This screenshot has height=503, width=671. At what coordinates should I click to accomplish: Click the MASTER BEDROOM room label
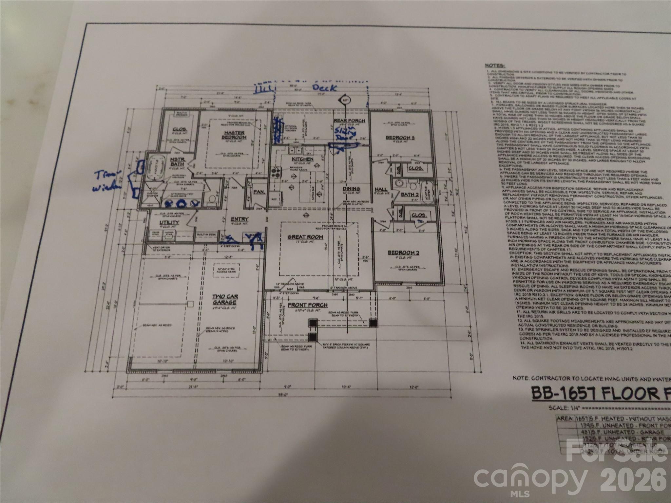234,135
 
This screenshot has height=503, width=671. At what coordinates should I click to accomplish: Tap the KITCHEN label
302,159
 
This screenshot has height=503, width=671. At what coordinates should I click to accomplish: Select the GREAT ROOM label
305,237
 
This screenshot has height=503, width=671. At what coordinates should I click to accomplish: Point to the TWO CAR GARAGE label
225,299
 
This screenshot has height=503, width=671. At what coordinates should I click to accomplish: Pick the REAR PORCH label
349,121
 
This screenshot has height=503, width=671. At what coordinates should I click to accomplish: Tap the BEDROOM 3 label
400,138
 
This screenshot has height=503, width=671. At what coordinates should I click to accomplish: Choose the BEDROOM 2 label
404,252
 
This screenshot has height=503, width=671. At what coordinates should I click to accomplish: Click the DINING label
351,189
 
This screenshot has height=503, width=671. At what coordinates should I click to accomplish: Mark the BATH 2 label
410,195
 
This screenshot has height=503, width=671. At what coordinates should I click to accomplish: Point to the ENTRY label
240,219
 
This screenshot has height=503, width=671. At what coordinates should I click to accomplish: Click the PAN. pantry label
259,192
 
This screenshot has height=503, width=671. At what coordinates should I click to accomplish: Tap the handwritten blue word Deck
324,88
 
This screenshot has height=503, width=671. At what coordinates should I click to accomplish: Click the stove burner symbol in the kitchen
275,172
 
